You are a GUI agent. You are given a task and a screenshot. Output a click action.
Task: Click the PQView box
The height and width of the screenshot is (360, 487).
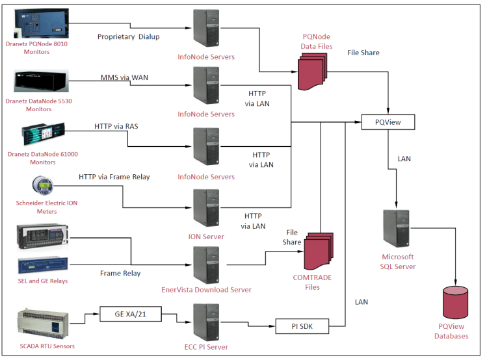[388, 122]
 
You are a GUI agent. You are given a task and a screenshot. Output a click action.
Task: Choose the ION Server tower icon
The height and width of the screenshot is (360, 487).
[205, 208]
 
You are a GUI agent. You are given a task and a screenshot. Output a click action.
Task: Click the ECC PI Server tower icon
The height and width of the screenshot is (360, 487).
[205, 321]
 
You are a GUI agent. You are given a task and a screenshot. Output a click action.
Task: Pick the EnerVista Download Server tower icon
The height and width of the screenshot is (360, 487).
[205, 264]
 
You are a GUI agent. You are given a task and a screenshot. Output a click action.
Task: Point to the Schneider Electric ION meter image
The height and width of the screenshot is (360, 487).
[43, 188]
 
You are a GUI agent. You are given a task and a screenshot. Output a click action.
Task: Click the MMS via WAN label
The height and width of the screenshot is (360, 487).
[124, 77]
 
